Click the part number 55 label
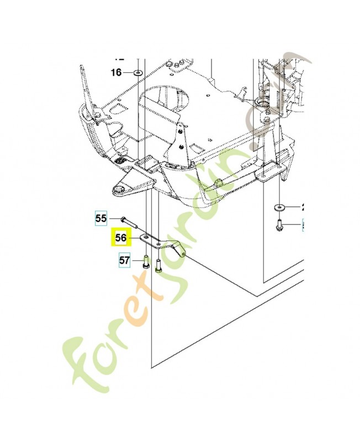[100, 219]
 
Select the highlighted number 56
[120, 239]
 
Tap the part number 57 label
[125, 259]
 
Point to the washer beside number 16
[137, 72]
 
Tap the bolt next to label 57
[145, 260]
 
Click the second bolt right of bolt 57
[158, 265]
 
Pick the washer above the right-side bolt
[279, 207]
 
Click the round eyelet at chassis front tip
[118, 190]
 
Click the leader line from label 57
[136, 260]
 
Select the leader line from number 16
[128, 72]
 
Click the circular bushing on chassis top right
[260, 103]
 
